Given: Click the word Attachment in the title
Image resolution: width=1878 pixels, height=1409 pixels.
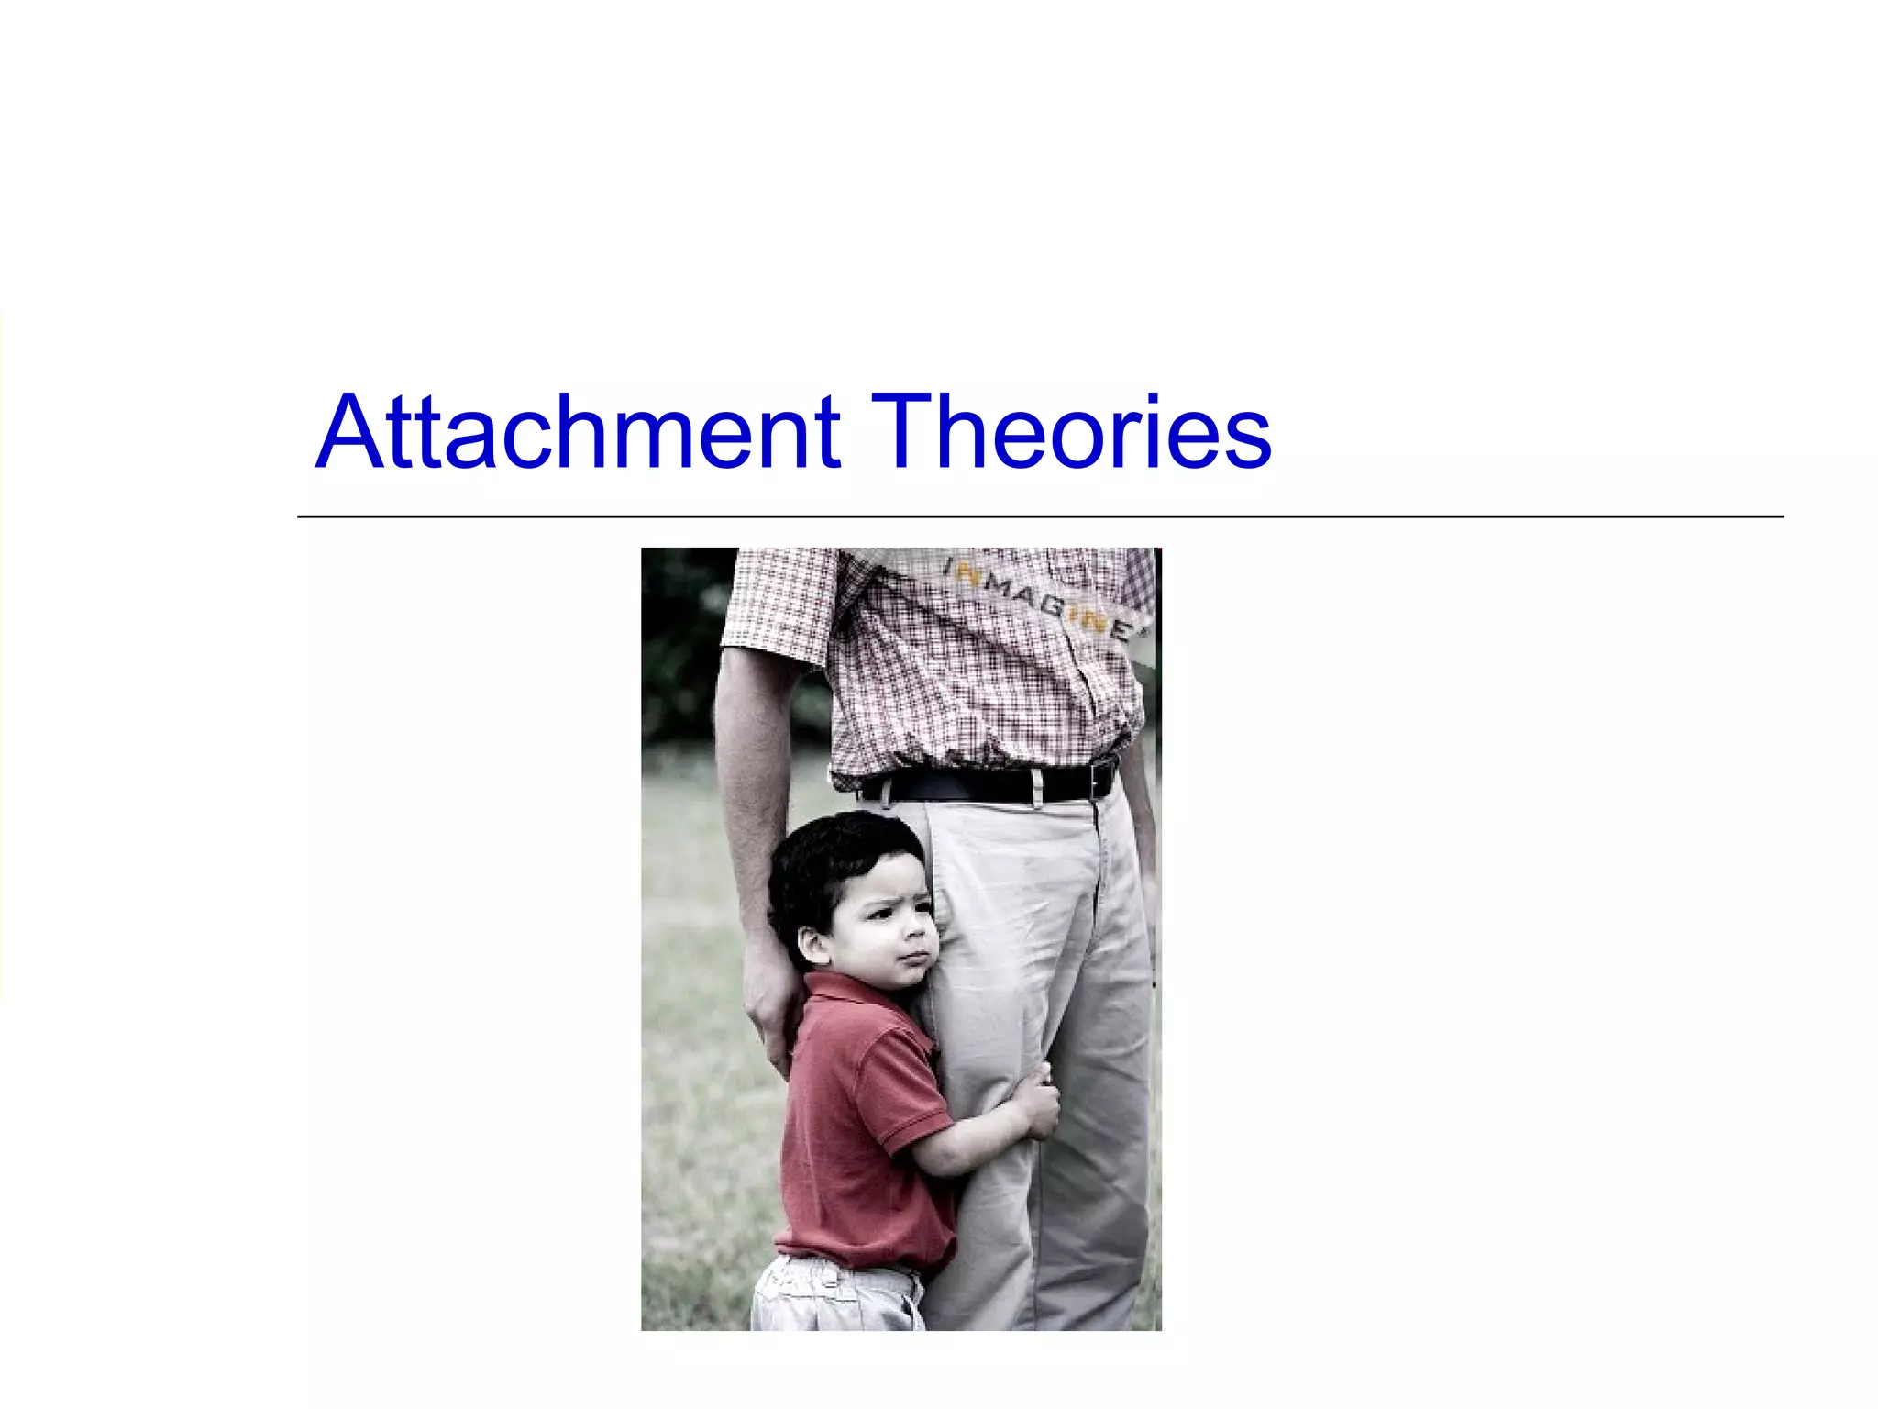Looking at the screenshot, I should tap(578, 433).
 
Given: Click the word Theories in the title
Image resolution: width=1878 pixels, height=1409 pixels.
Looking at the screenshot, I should tap(1070, 433).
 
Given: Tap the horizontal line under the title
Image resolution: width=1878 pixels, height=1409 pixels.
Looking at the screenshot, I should tap(1040, 517).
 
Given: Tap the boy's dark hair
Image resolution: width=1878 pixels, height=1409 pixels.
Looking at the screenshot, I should tap(830, 862).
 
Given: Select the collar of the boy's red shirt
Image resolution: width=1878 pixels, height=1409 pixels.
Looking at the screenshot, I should tap(848, 995).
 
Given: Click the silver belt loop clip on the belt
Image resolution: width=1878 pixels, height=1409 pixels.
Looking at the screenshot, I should tap(1036, 787).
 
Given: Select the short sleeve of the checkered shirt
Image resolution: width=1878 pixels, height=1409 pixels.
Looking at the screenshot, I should tap(779, 605).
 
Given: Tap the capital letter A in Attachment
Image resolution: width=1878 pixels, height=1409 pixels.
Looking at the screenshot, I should tap(348, 433).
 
